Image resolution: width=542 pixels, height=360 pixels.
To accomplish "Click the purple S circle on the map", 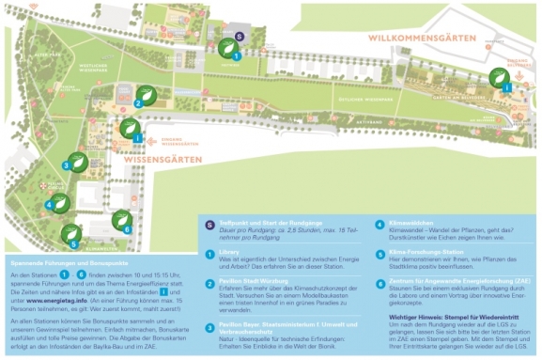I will [x=240, y=37].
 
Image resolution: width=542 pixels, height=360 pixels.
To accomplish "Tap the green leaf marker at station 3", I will [x=80, y=162].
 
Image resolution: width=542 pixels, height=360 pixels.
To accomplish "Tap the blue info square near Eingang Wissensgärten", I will [x=138, y=138].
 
